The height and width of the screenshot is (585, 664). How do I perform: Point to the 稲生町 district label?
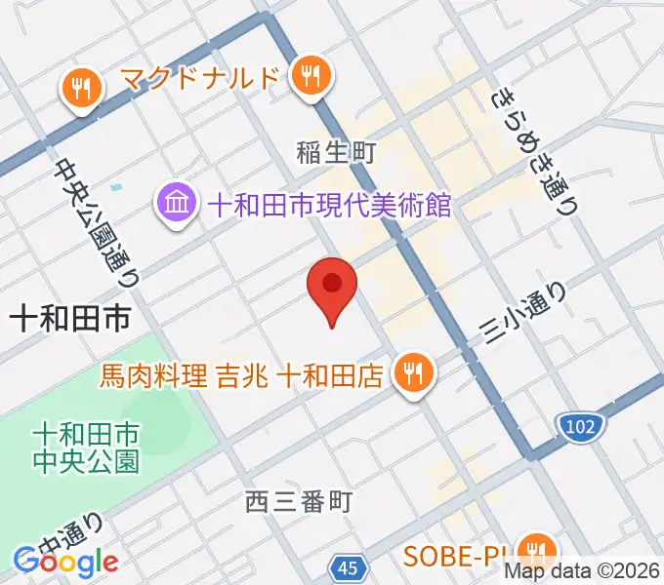point(335,151)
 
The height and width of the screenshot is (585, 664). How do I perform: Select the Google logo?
point(66,561)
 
